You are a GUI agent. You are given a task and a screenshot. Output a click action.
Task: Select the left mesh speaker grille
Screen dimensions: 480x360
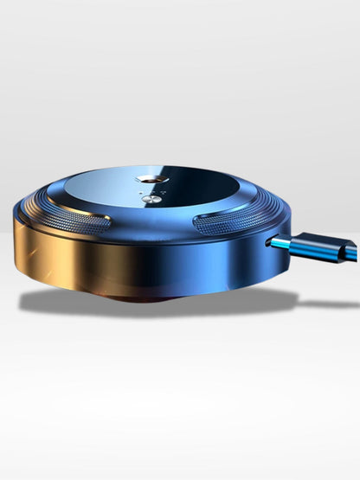pos(81,220)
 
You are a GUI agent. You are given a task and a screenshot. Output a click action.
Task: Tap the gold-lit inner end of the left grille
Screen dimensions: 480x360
pos(106,223)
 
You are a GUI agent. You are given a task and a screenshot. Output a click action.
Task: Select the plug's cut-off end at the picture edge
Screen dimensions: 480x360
pos(356,253)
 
